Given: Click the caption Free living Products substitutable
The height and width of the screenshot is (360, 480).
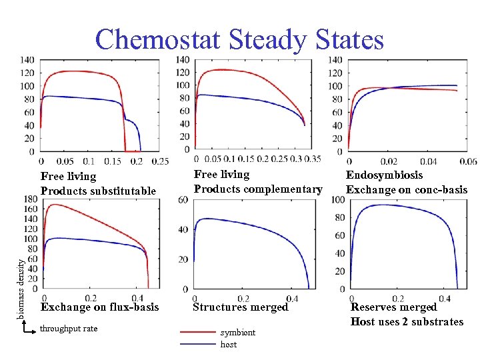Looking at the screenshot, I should (x=98, y=183).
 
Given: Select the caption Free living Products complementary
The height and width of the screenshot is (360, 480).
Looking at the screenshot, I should (x=257, y=181).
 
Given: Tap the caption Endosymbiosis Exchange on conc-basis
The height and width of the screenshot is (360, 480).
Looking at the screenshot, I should (x=406, y=182).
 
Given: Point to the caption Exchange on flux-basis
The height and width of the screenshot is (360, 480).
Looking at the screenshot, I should (x=100, y=307).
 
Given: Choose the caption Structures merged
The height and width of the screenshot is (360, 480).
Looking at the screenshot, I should (x=240, y=307).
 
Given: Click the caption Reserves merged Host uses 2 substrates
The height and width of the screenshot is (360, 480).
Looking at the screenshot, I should (x=407, y=314).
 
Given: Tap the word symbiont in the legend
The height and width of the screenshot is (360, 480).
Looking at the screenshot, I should (x=237, y=332).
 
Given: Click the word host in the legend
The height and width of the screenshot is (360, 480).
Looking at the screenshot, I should (x=229, y=344).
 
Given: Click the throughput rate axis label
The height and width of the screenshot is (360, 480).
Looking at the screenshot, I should (x=69, y=328).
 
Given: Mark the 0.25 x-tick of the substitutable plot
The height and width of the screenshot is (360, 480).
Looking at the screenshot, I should (x=160, y=161).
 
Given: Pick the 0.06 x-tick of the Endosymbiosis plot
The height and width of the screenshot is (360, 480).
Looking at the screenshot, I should (x=468, y=161).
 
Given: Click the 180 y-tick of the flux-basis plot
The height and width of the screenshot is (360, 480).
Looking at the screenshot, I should (x=30, y=199).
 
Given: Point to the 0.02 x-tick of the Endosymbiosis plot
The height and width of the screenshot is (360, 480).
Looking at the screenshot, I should (x=389, y=161).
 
